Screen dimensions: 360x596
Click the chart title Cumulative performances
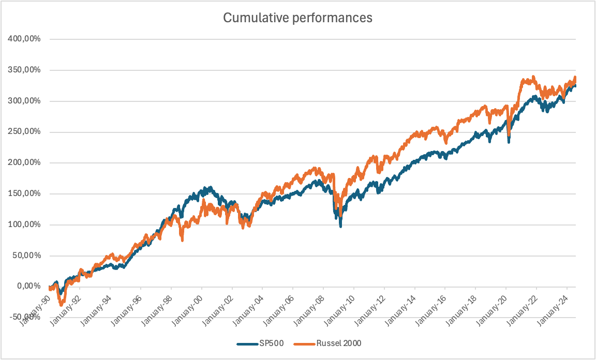pos(297,18)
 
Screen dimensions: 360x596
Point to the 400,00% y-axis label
pos(25,39)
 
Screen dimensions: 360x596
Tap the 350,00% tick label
pos(25,70)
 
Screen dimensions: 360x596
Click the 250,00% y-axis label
pos(25,132)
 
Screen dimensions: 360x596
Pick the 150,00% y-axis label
pos(25,193)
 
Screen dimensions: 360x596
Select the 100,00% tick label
pos(25,224)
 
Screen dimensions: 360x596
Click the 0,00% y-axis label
pos(28,286)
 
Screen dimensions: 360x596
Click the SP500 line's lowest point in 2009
pos(340,226)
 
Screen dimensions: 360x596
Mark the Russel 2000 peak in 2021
pos(533,77)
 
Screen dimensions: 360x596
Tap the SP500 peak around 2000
pos(210,188)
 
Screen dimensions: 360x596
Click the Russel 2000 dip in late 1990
pos(62,305)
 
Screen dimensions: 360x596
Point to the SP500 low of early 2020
pos(509,142)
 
